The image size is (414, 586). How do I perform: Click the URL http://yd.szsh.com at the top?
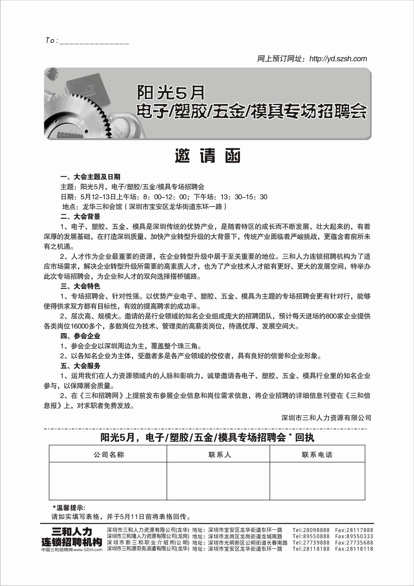tap(338, 59)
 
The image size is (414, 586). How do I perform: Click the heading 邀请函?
tap(208, 156)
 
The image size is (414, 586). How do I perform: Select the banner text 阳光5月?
tap(171, 93)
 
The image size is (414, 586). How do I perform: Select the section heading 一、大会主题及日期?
tap(90, 177)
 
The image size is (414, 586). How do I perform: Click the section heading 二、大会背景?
tap(80, 216)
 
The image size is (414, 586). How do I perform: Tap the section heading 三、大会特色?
tap(80, 286)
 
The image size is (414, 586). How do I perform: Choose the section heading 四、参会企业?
tap(80, 336)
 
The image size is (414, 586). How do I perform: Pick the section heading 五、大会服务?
tap(80, 365)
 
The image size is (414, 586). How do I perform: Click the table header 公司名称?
tap(109, 454)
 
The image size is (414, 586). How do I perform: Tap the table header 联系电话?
tap(317, 454)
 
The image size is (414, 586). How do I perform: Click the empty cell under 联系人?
tap(218, 481)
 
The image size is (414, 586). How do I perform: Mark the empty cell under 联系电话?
tap(317, 481)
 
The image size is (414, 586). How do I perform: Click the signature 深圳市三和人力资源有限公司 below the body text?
tap(326, 418)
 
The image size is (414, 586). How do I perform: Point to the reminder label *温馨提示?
tap(69, 508)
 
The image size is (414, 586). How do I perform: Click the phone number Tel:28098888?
tap(311, 530)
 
